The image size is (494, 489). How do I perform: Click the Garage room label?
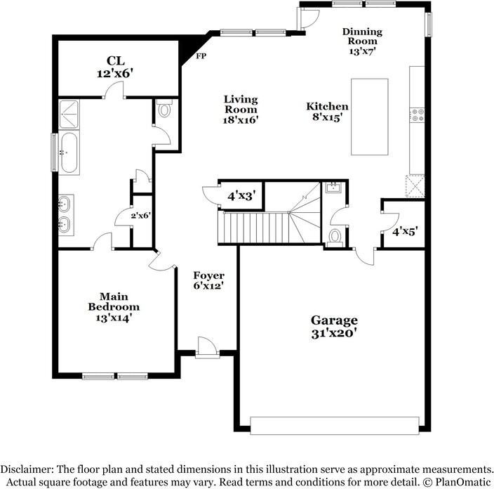point(334,327)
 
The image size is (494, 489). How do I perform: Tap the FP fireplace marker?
point(201,56)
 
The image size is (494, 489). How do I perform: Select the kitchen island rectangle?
point(370,117)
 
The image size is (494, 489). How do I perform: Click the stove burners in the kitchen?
point(417,115)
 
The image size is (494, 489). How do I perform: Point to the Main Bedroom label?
point(114,307)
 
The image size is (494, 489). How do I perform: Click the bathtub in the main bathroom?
point(69,152)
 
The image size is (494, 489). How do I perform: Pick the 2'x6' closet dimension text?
point(141,216)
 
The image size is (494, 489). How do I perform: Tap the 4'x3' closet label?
point(241,196)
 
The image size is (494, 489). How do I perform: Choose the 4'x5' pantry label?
point(405,232)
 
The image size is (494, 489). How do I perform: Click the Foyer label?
point(208,280)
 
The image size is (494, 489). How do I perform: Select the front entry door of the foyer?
point(207,348)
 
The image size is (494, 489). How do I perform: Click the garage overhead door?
point(335,426)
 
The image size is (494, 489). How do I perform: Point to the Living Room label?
point(241,110)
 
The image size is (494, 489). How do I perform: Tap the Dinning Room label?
point(362,41)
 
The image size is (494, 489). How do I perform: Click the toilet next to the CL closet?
point(164,109)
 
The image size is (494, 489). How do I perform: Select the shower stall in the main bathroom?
point(69,115)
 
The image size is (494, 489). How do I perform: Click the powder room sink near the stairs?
point(333,188)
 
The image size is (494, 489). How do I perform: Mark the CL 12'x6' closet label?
point(115,67)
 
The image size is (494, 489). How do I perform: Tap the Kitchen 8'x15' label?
point(327,112)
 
